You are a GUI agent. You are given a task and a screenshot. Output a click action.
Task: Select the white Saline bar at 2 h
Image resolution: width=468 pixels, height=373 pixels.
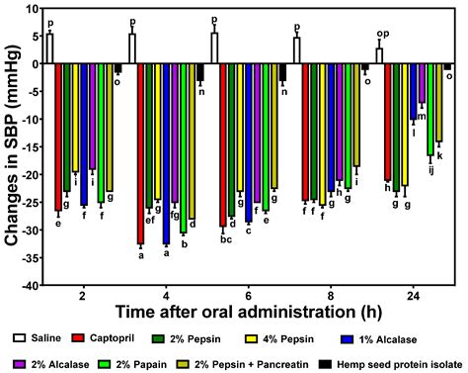click(49, 48)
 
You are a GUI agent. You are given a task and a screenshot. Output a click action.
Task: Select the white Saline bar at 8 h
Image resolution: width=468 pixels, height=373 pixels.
click(296, 50)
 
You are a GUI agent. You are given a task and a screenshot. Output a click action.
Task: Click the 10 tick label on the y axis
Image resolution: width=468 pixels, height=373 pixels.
click(29, 9)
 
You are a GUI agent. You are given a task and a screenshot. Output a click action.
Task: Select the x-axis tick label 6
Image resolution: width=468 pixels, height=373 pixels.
click(247, 296)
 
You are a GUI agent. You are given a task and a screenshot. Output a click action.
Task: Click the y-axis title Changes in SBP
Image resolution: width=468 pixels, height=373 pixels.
click(9, 146)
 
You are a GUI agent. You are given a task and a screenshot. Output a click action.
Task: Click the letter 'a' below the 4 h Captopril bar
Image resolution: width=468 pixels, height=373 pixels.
click(140, 255)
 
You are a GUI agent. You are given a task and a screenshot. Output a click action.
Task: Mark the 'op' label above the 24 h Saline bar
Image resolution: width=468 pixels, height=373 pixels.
click(380, 33)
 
